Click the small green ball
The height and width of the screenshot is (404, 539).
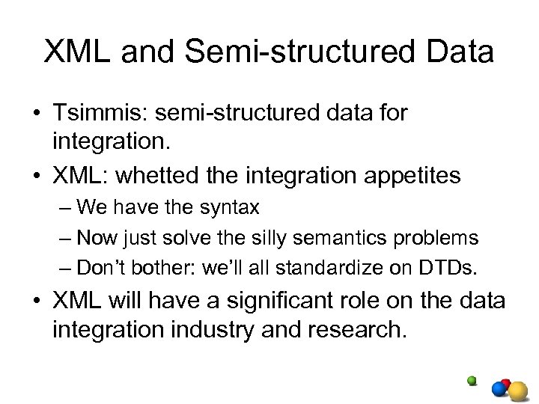(x=472, y=380)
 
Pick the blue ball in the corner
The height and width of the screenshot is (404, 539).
(x=500, y=389)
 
